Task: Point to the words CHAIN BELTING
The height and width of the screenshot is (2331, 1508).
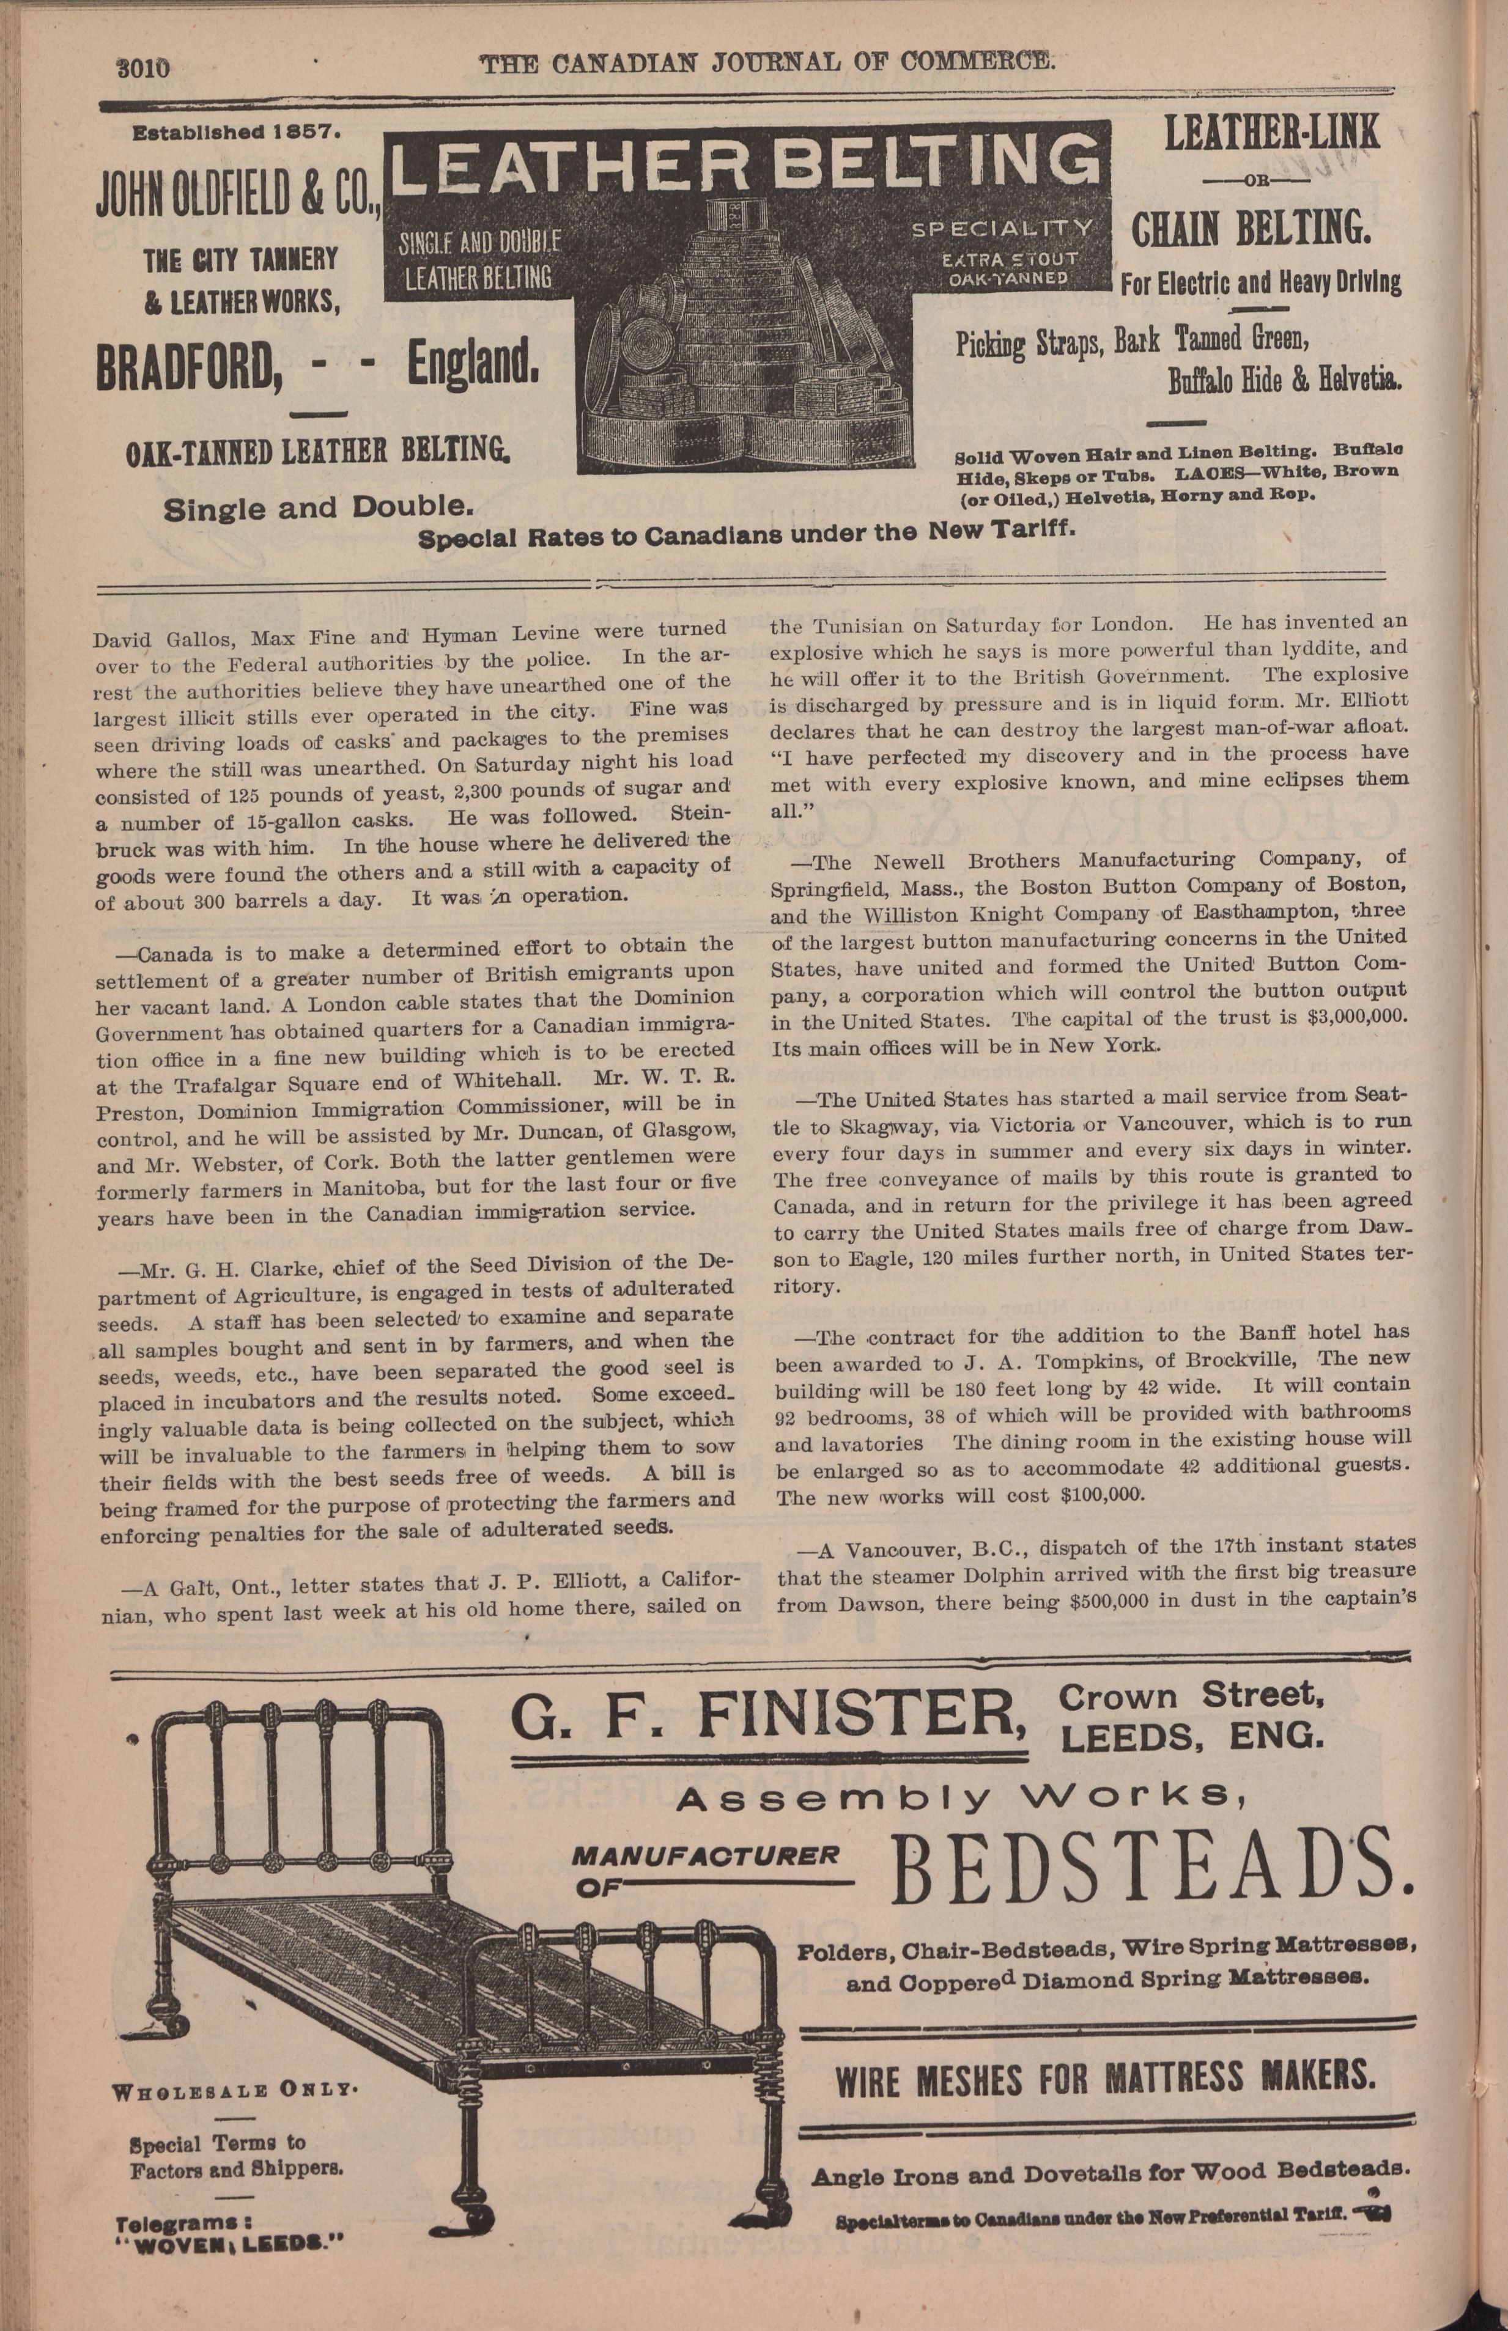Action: (1251, 229)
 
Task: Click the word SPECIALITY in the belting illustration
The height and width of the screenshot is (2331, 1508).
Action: (1001, 228)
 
